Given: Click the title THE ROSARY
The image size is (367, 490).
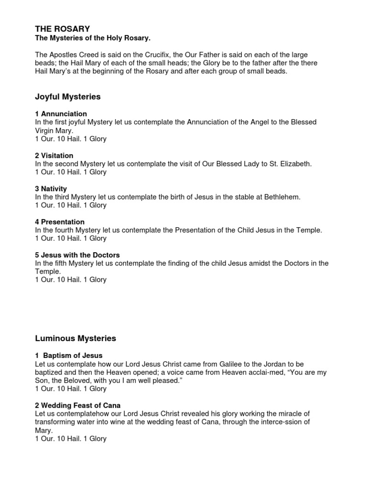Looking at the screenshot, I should coord(62,29).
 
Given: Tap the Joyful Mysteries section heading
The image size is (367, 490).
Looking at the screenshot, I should coord(68,97).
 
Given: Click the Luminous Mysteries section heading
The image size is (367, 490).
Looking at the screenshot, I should coord(76,338).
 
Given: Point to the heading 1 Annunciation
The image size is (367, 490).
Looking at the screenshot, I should coord(61,114).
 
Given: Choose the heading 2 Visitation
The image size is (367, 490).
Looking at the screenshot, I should coord(54,156).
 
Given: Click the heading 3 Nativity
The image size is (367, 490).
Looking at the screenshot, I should coord(51,189).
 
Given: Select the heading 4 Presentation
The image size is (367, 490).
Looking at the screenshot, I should coord(60,222).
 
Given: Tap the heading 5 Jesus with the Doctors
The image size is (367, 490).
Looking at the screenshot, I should coord(77,255).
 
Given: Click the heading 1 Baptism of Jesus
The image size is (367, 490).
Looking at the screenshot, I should coord(69,356).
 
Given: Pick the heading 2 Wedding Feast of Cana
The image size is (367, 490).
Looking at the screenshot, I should coord(78,405).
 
